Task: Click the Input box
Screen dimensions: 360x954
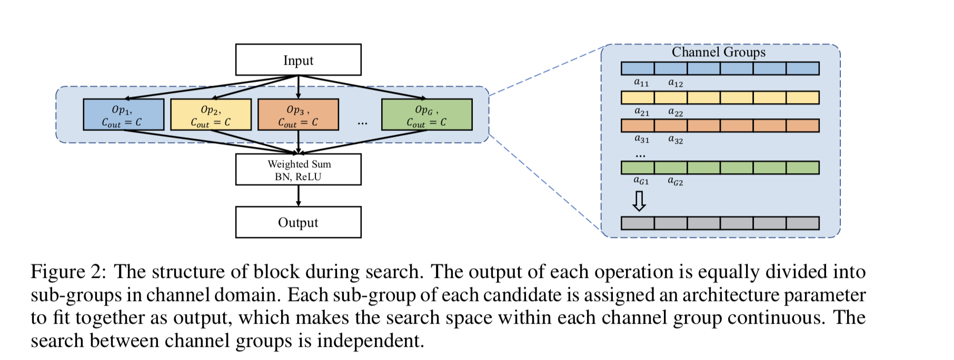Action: pyautogui.click(x=298, y=60)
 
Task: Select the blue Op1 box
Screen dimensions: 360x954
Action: pyautogui.click(x=123, y=115)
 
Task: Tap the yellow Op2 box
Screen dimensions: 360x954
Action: pyautogui.click(x=211, y=115)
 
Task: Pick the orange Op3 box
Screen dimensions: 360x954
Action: pyautogui.click(x=298, y=115)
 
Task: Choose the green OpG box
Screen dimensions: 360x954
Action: pyautogui.click(x=426, y=115)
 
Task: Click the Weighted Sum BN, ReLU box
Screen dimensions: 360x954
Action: pyautogui.click(x=298, y=169)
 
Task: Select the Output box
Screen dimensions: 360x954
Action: pyautogui.click(x=298, y=222)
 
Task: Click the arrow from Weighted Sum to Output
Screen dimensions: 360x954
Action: pyautogui.click(x=299, y=196)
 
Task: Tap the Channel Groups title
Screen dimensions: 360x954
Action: pyautogui.click(x=719, y=52)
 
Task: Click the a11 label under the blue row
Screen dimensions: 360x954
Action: pyautogui.click(x=641, y=83)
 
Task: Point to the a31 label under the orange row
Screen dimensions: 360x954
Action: pyautogui.click(x=641, y=139)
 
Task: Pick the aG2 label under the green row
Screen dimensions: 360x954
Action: pyautogui.click(x=675, y=181)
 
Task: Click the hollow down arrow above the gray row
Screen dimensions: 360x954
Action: pyautogui.click(x=639, y=201)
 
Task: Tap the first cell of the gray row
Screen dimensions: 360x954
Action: pyautogui.click(x=638, y=223)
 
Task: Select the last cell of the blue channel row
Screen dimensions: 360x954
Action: pyautogui.click(x=802, y=68)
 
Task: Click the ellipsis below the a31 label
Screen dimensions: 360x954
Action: pyautogui.click(x=640, y=156)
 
